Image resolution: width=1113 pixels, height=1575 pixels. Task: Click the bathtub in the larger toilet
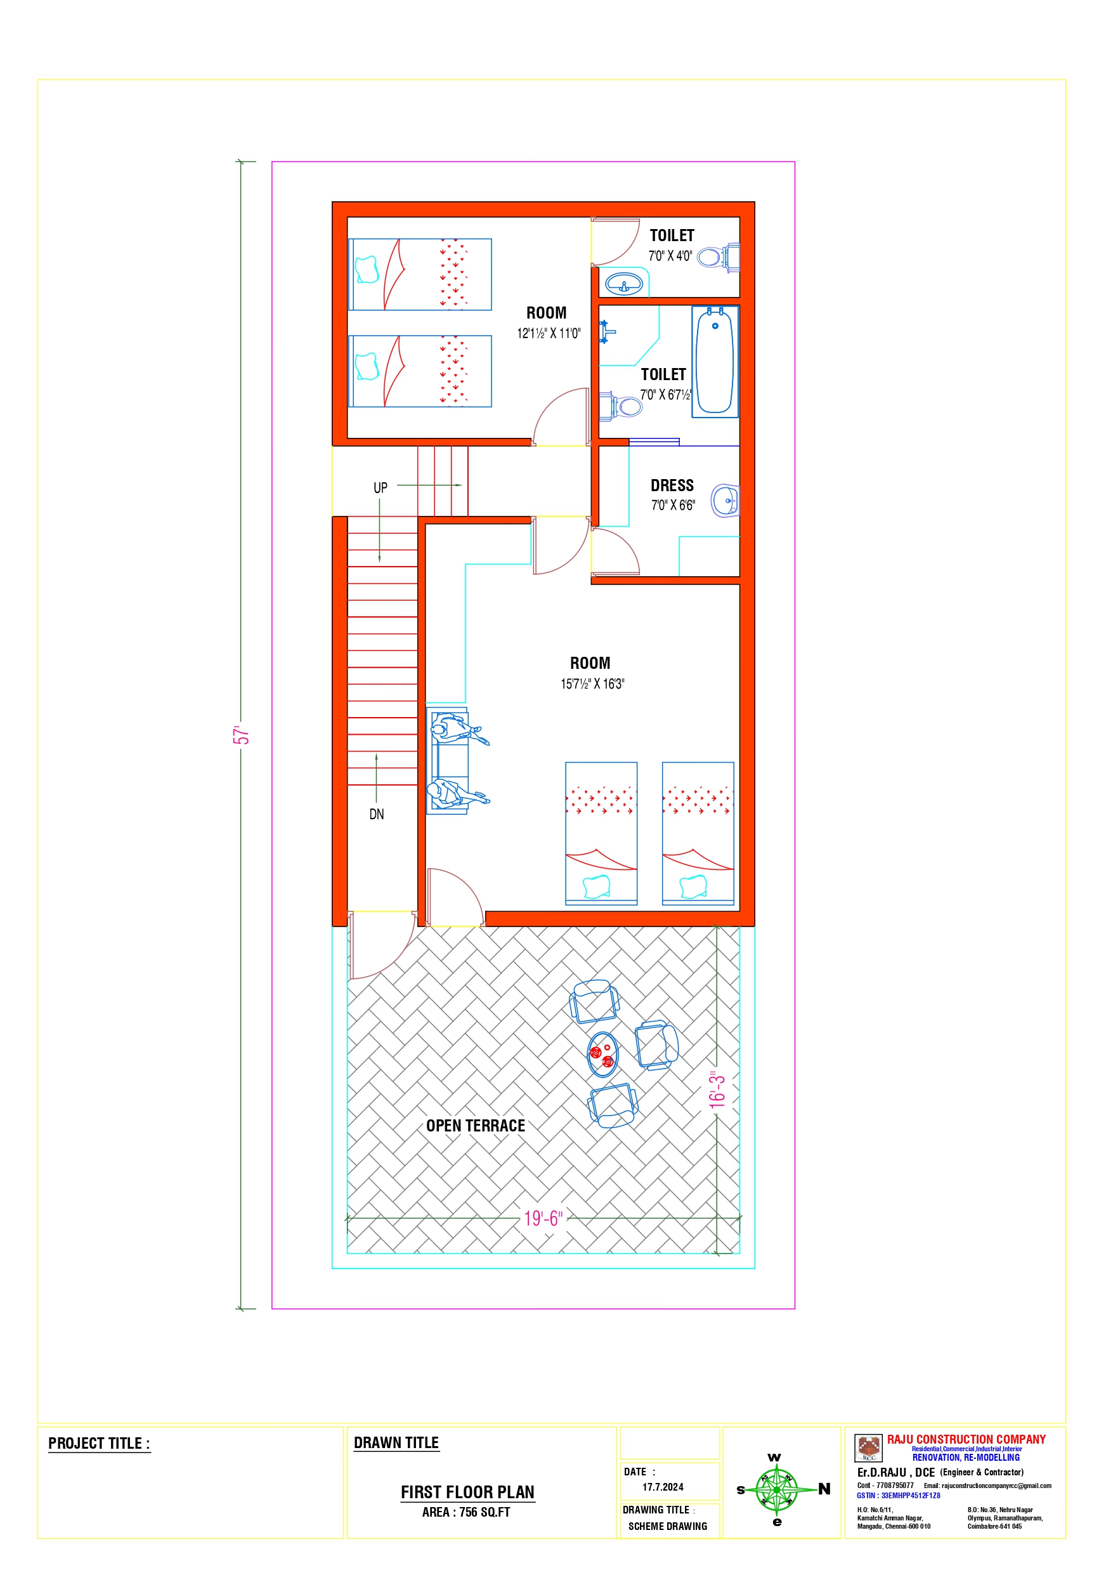[x=715, y=361]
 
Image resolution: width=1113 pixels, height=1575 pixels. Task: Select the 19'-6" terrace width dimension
[x=542, y=1218]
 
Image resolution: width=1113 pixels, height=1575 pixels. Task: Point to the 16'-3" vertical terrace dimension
[x=717, y=1090]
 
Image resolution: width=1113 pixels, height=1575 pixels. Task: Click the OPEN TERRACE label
[x=476, y=1126]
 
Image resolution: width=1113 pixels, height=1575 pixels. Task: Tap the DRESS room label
[x=672, y=485]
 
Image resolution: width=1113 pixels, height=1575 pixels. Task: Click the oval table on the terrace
[x=602, y=1055]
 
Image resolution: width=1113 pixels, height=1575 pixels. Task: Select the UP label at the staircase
[x=380, y=488]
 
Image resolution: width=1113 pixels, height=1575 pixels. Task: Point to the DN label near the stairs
[x=377, y=814]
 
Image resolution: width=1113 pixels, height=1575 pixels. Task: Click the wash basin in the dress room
[x=726, y=500]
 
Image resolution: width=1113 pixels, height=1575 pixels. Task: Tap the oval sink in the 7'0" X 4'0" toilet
[x=624, y=282]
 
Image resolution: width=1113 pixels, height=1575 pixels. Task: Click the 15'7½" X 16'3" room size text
[x=592, y=684]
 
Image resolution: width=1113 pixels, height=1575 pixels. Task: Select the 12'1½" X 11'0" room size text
[x=549, y=333]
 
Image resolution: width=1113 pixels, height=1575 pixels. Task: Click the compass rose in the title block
[x=776, y=1490]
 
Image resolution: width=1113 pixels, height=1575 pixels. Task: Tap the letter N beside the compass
[x=824, y=1489]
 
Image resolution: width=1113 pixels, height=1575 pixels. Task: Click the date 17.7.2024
[x=663, y=1487]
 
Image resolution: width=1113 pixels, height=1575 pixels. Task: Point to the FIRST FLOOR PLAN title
[x=467, y=1492]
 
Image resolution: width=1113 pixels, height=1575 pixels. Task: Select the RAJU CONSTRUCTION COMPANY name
[x=967, y=1439]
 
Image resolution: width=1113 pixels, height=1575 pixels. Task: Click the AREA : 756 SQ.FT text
[x=466, y=1513]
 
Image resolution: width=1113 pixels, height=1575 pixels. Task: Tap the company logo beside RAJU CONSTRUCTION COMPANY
[x=869, y=1448]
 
